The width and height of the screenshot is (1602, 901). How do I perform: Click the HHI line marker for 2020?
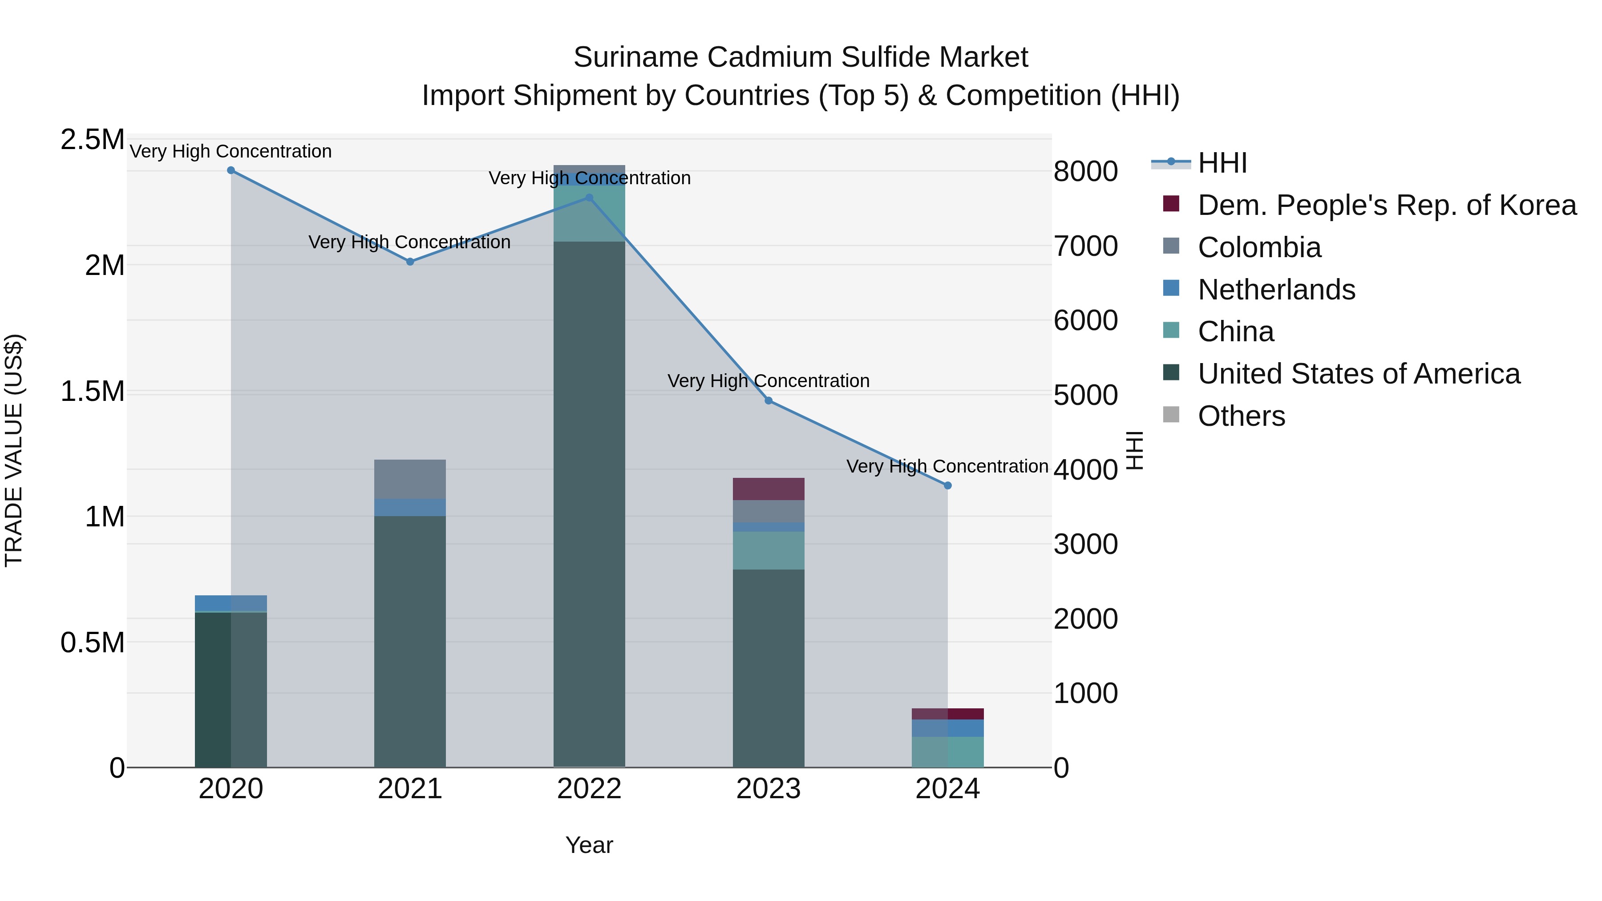click(x=231, y=170)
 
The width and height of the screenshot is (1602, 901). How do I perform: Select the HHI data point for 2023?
click(x=769, y=401)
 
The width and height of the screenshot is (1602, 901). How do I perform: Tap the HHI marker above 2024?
click(x=948, y=485)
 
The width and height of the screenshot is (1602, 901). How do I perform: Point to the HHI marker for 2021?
click(x=410, y=262)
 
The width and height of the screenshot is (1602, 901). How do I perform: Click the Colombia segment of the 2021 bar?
click(x=410, y=479)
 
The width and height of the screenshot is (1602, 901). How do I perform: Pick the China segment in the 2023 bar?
click(x=769, y=550)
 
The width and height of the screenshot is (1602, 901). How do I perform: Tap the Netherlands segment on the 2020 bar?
click(x=231, y=603)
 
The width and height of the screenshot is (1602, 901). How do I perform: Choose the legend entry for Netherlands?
click(x=1276, y=290)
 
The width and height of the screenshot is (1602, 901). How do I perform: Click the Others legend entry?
click(x=1241, y=416)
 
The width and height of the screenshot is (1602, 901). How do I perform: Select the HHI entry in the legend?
click(x=1222, y=163)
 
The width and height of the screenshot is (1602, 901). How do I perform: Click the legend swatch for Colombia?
click(x=1171, y=246)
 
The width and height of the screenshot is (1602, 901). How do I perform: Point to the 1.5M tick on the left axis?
click(x=92, y=392)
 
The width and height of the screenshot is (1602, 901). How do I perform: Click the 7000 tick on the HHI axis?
click(x=1086, y=246)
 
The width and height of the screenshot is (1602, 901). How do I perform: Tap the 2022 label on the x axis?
click(x=589, y=789)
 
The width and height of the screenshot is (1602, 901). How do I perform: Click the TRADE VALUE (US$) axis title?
click(x=14, y=450)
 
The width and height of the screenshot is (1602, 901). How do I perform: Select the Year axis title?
click(x=589, y=845)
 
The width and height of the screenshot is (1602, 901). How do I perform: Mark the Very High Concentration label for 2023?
click(x=769, y=380)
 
